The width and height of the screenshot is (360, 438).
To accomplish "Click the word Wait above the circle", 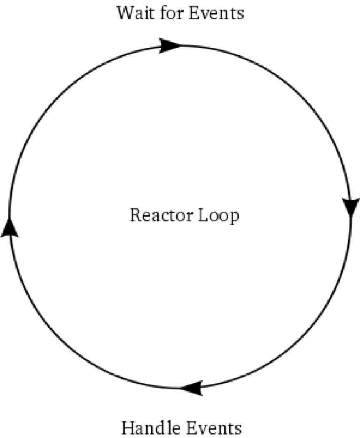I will [x=134, y=13].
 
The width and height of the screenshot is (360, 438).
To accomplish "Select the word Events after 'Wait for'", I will [x=217, y=13].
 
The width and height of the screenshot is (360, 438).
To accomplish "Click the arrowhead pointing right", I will [x=170, y=45].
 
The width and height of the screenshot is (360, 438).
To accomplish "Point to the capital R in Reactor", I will [x=135, y=216].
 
